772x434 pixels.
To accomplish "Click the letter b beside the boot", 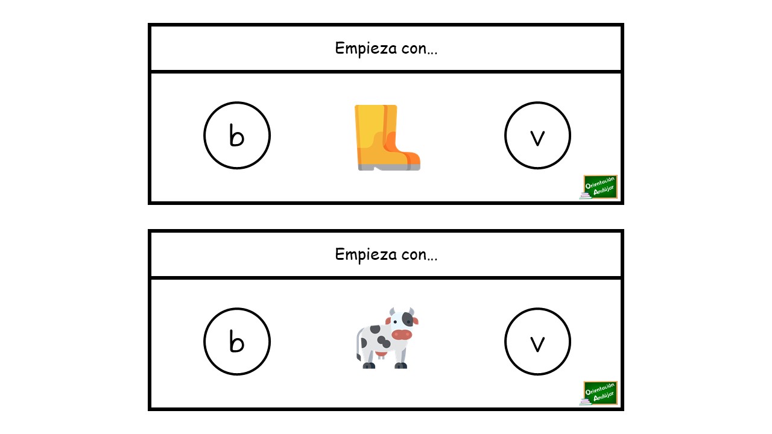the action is coord(237,136).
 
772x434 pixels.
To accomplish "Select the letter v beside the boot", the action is coord(537,139).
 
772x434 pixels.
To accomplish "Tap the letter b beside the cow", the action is coord(237,341).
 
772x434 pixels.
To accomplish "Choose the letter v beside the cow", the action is coord(537,344).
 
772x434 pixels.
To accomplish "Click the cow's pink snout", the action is coord(402,334).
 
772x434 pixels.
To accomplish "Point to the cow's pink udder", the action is coord(381,355).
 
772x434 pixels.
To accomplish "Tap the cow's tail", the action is coord(358,344).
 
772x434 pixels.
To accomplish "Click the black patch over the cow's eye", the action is coord(408,319).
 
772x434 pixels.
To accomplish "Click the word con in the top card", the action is coord(414,49).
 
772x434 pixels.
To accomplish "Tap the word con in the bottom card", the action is coord(414,255).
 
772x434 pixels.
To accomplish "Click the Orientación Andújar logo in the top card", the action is coord(599,187).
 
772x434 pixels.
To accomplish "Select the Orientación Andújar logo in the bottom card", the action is coord(599,393).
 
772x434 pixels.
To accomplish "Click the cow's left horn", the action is coord(392,312).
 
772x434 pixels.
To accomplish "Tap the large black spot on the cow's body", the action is coord(384,341).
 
